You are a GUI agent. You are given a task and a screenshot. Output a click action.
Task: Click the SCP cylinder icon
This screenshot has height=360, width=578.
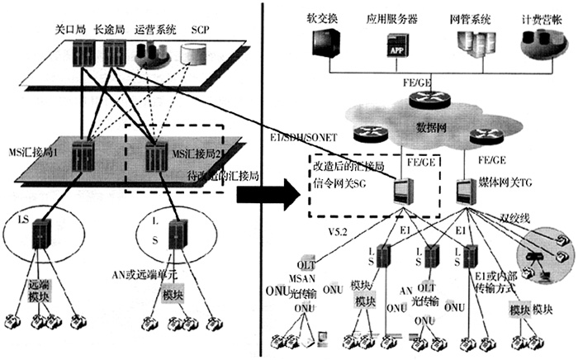point(194,55)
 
